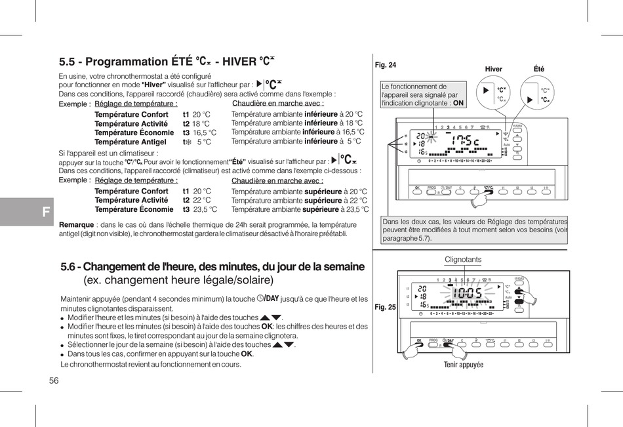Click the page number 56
point(54,381)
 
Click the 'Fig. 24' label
point(386,65)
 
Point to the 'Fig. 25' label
point(386,307)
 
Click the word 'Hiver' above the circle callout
point(493,70)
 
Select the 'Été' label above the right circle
point(539,70)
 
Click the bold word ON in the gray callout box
point(458,103)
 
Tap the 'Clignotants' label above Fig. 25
point(463,259)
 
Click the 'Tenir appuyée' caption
point(463,365)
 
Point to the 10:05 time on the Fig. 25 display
point(467,293)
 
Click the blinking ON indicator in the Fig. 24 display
point(430,136)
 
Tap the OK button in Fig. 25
point(418,340)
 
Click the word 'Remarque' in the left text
point(77,224)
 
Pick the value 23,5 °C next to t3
point(205,210)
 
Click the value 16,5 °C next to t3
point(205,132)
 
